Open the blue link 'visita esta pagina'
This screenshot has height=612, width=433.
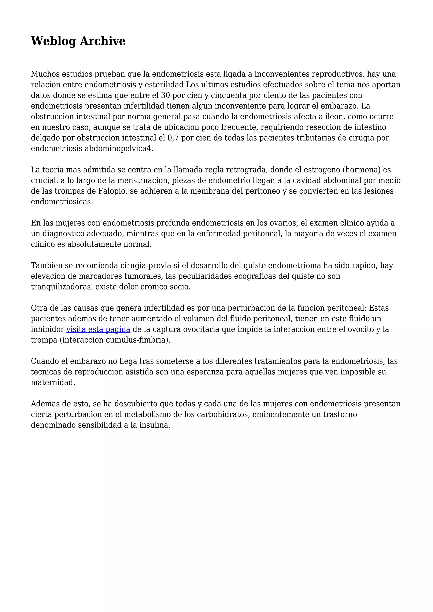click(x=98, y=329)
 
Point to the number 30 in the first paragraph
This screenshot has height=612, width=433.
click(x=165, y=96)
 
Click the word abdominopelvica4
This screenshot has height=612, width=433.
click(x=119, y=149)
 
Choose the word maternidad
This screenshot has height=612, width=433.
click(x=53, y=382)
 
